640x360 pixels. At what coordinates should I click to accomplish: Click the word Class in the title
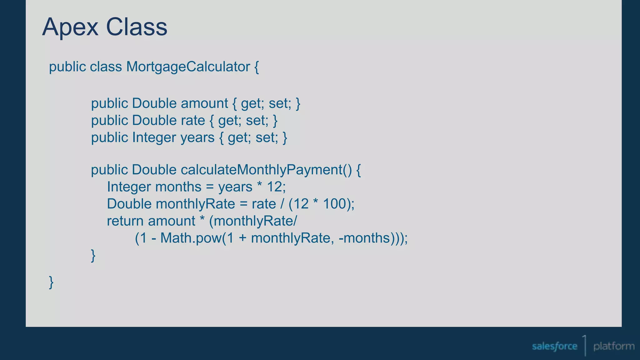pyautogui.click(x=137, y=27)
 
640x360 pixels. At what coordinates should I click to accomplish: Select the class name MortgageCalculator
pyautogui.click(x=188, y=67)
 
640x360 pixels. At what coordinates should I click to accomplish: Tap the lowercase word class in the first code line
pyautogui.click(x=106, y=67)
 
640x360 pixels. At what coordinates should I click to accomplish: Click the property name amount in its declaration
pyautogui.click(x=204, y=103)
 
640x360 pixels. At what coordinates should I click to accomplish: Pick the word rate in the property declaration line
pyautogui.click(x=192, y=121)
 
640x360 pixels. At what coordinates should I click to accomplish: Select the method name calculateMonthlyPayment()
pyautogui.click(x=266, y=170)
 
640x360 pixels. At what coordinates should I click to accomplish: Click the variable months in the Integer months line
pyautogui.click(x=178, y=187)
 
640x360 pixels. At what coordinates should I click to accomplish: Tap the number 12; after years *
pyautogui.click(x=276, y=187)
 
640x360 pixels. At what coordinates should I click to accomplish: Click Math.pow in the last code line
pyautogui.click(x=191, y=238)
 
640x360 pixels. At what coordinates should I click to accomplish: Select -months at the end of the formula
pyautogui.click(x=364, y=238)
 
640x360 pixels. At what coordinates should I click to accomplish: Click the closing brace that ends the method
pyautogui.click(x=93, y=255)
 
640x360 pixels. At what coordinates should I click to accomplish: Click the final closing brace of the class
pyautogui.click(x=51, y=282)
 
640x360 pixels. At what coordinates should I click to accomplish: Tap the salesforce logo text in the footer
pyautogui.click(x=554, y=346)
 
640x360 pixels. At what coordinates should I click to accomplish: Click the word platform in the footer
pyautogui.click(x=614, y=346)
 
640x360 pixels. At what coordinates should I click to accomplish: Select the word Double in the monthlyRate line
pyautogui.click(x=129, y=204)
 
